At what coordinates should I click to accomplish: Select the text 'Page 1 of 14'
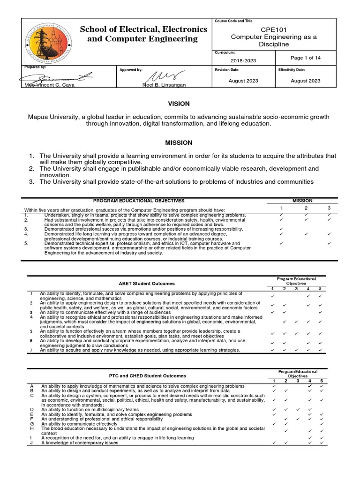(305, 58)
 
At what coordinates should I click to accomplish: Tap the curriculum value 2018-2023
(243, 60)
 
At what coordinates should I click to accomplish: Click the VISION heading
(180, 104)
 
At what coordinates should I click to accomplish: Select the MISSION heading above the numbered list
(180, 142)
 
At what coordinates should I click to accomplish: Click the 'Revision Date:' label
(227, 69)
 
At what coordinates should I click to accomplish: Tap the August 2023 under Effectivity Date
(305, 81)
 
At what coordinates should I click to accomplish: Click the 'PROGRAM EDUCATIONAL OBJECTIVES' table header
(135, 201)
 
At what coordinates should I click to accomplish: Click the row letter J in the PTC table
(32, 442)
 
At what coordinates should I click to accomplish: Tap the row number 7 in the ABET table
(30, 350)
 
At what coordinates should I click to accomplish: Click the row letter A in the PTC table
(32, 386)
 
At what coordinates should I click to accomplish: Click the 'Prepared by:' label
(35, 67)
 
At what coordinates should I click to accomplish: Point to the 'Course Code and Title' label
(233, 22)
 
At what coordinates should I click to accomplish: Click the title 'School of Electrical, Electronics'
(143, 29)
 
